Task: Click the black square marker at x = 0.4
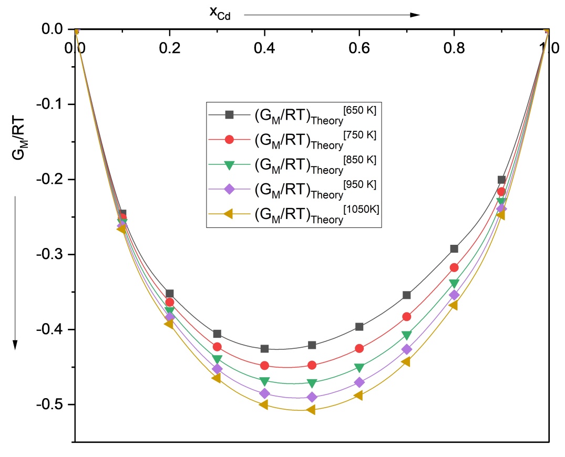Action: (264, 349)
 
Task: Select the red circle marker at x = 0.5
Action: (312, 365)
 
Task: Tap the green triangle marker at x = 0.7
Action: (406, 335)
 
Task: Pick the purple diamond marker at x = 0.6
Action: (359, 382)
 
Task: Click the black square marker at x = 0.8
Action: (454, 248)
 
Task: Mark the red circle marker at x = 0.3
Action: (217, 347)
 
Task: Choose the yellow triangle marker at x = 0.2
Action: (169, 324)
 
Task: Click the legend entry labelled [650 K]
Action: (292, 115)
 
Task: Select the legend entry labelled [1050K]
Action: (294, 214)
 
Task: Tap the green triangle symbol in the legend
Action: (229, 165)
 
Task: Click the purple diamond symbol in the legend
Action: (229, 189)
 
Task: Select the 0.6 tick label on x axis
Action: (359, 48)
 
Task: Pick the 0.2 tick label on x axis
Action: (170, 48)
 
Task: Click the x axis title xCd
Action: (220, 13)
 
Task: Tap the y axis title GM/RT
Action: (19, 138)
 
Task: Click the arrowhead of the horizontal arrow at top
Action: (415, 15)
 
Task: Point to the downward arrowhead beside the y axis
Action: (15, 345)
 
